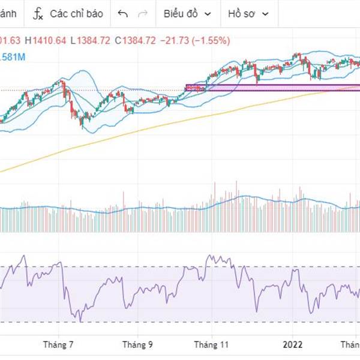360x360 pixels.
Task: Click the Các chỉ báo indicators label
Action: click(76, 13)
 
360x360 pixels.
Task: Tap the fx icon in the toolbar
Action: click(38, 13)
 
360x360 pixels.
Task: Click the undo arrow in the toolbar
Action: click(123, 13)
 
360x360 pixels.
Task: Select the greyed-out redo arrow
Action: click(142, 13)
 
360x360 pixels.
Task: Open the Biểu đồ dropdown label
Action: click(181, 13)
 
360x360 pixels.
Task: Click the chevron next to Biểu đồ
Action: click(208, 13)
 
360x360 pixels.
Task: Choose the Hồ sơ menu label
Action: click(241, 13)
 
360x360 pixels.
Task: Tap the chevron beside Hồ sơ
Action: click(265, 13)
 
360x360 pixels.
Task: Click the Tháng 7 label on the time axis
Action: click(59, 345)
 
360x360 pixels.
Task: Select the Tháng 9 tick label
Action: click(137, 345)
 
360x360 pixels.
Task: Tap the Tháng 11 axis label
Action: click(217, 345)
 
